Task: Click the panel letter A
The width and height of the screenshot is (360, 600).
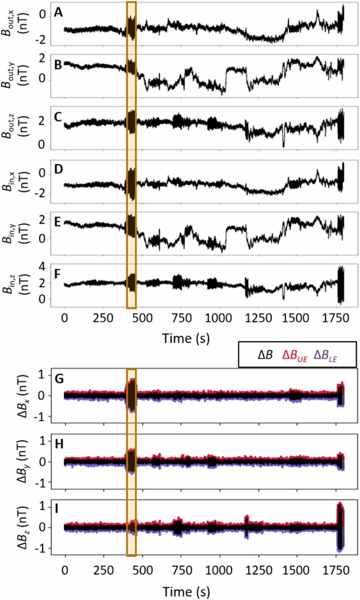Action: [58, 13]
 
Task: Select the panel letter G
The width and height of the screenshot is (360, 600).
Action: [59, 379]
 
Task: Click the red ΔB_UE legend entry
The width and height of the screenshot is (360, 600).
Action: [294, 355]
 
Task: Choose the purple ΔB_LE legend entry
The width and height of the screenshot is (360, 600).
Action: [325, 355]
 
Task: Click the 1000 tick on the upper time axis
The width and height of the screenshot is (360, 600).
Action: [218, 318]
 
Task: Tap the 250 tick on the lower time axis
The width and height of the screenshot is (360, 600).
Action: [103, 570]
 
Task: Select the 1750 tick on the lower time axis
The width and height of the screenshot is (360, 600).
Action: [336, 570]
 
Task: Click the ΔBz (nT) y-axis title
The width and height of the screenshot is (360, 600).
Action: [22, 527]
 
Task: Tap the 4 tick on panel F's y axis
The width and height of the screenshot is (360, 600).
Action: [42, 267]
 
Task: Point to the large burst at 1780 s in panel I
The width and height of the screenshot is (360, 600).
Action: [340, 527]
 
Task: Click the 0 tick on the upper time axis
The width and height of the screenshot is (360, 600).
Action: [65, 318]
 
